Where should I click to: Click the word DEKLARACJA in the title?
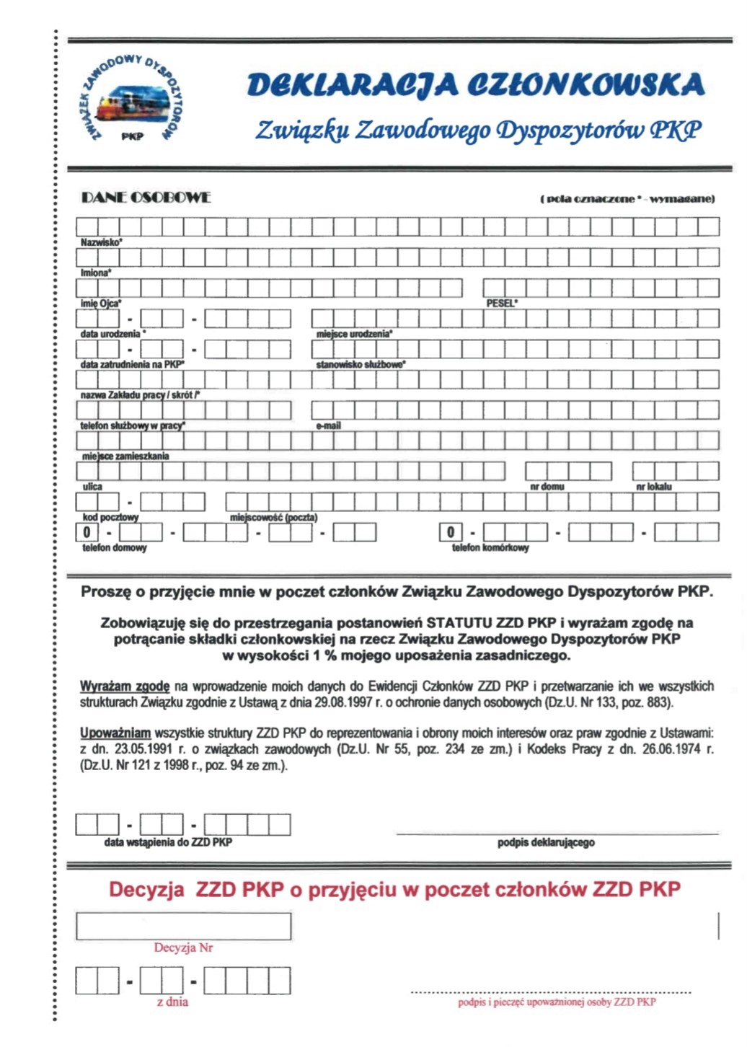click(352, 84)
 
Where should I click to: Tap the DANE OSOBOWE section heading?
click(146, 198)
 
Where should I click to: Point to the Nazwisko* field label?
click(101, 242)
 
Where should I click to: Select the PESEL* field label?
click(502, 304)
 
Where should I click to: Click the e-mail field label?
click(328, 426)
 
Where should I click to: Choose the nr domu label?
click(547, 487)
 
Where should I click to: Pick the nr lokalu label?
click(653, 487)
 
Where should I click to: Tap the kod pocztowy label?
click(110, 517)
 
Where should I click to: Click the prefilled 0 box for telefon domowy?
click(87, 533)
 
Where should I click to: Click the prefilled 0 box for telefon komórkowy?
click(451, 533)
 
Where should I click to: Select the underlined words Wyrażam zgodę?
click(125, 686)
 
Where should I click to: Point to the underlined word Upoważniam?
click(115, 733)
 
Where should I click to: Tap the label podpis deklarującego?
click(546, 842)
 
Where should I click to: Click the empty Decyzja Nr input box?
click(183, 927)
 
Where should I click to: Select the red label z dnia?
click(172, 1002)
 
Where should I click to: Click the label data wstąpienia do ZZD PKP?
click(168, 842)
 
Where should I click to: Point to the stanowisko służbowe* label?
click(361, 365)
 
